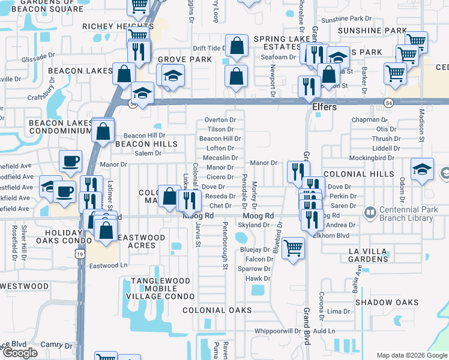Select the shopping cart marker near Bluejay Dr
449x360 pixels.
tap(293, 247)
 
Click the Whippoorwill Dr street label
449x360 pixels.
tap(277, 331)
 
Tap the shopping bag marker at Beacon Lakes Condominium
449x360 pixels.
tap(103, 130)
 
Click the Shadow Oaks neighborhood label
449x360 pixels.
tap(386, 302)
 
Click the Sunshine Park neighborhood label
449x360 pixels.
tap(372, 30)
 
